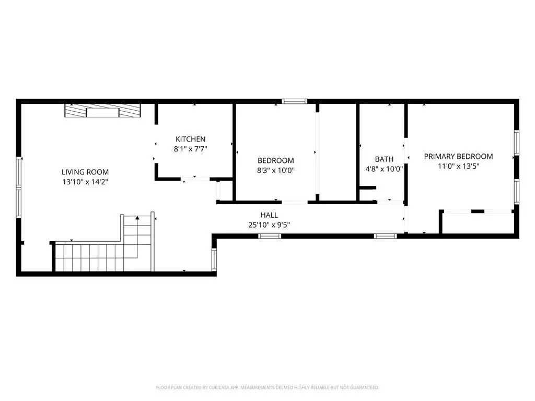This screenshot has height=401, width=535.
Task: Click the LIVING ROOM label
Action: tap(85, 172)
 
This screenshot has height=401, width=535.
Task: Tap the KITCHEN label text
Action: tap(190, 139)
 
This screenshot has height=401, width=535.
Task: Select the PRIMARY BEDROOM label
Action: tap(458, 157)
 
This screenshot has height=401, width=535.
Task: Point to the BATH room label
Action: tap(384, 159)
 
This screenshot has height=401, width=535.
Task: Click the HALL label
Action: tap(269, 215)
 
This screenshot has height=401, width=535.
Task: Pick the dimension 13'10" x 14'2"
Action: tap(85, 182)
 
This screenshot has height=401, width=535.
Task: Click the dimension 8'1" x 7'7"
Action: tap(190, 149)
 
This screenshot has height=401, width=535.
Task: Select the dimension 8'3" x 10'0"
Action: tap(276, 170)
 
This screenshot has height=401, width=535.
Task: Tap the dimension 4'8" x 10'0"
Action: tap(384, 169)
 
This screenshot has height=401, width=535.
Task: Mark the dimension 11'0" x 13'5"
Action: tap(459, 166)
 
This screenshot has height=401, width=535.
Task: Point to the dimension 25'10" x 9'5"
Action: tap(269, 225)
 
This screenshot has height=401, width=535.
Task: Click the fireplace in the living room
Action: tap(103, 111)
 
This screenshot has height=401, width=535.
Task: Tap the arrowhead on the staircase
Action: tap(137, 218)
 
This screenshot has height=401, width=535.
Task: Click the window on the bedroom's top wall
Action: tap(295, 101)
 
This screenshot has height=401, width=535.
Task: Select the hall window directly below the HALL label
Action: tap(270, 236)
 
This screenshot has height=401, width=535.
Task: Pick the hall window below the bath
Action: tap(385, 236)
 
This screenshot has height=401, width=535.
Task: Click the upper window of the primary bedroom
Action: tap(517, 143)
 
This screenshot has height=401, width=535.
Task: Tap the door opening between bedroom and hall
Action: tap(295, 202)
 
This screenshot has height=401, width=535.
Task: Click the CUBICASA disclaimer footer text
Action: tap(267, 387)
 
